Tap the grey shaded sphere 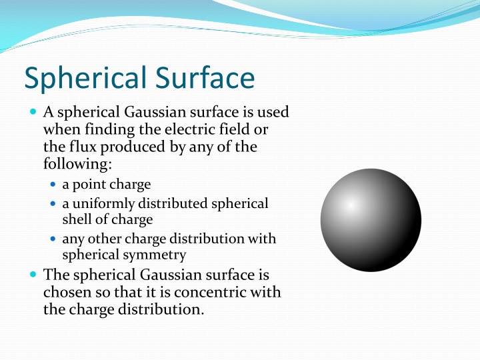click(x=371, y=221)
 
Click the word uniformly click(x=99, y=203)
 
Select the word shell click(x=77, y=219)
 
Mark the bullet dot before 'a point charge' click(x=54, y=184)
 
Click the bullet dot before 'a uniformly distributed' click(x=54, y=203)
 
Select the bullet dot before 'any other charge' click(x=54, y=238)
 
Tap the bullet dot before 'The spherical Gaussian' click(x=33, y=274)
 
